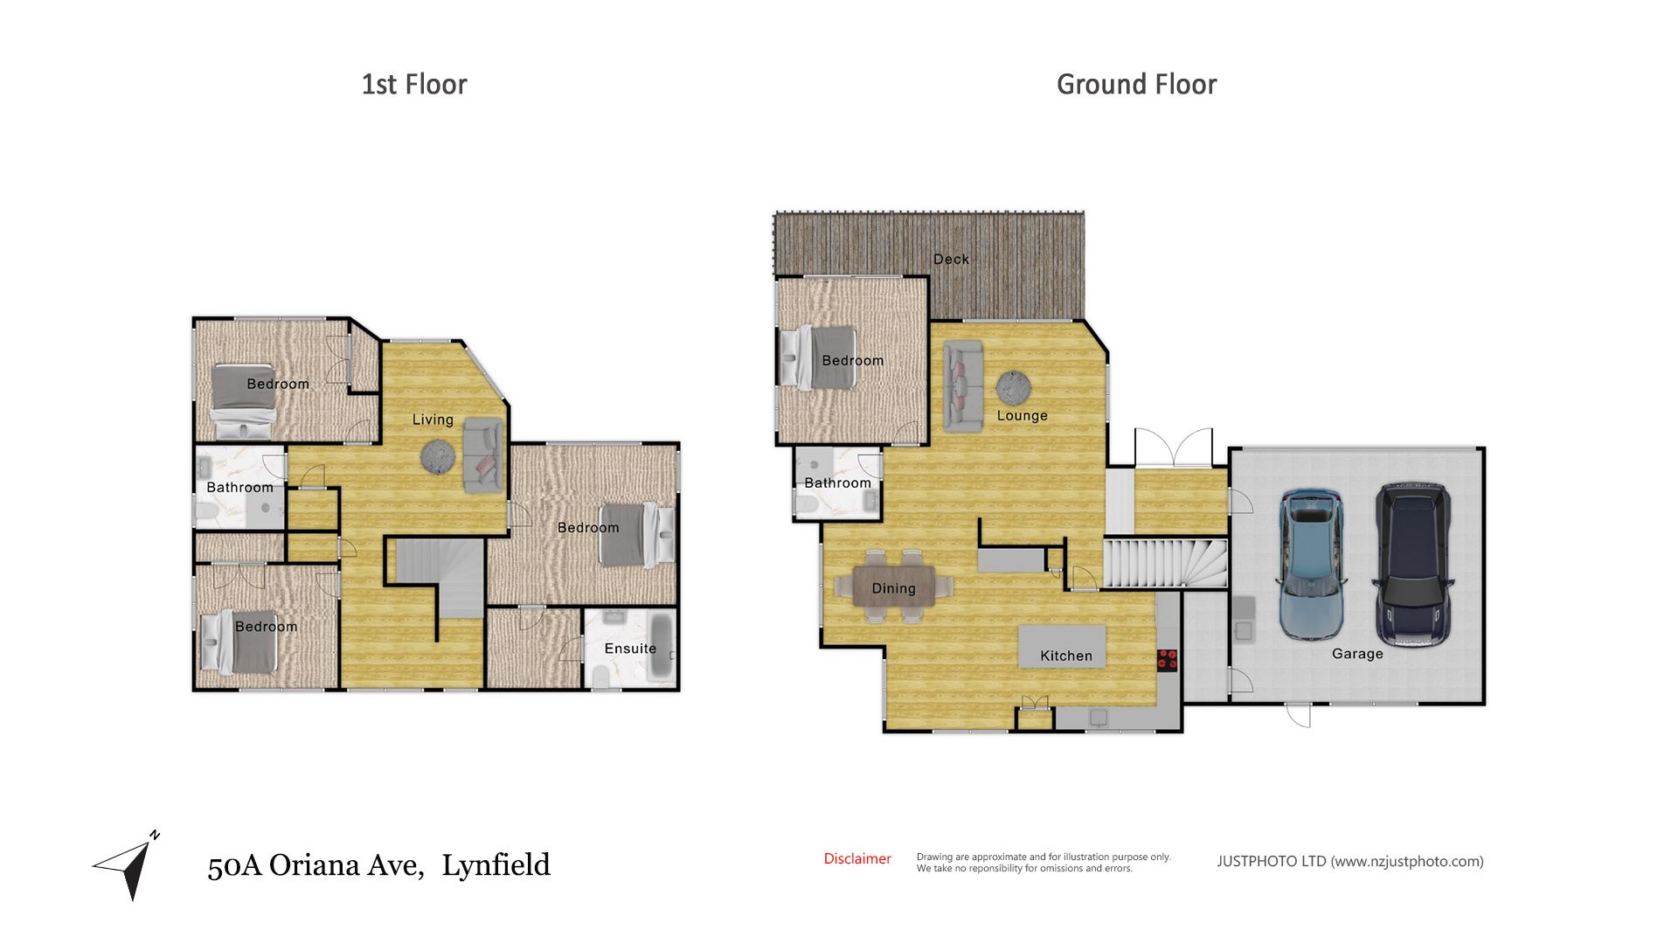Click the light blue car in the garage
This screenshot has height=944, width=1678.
click(x=1310, y=566)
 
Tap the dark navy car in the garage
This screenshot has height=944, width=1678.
click(x=1413, y=566)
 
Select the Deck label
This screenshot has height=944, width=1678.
click(x=951, y=259)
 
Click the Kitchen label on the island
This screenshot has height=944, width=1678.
click(x=1066, y=656)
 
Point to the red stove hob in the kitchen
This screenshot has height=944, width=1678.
click(x=1167, y=660)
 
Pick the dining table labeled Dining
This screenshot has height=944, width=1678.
click(x=893, y=587)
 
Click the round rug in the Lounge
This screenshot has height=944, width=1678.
click(x=1014, y=386)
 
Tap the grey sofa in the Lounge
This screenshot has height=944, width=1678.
click(x=963, y=386)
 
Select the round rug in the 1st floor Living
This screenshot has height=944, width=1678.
click(x=438, y=456)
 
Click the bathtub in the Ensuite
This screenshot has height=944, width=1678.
click(x=662, y=647)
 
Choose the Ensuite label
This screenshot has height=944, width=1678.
click(x=630, y=649)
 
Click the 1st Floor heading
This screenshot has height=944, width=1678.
click(x=414, y=85)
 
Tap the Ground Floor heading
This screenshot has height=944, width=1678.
click(x=1136, y=85)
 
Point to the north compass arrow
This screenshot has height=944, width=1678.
click(x=130, y=865)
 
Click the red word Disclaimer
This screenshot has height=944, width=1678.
click(x=857, y=859)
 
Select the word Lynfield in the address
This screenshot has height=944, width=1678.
click(x=496, y=865)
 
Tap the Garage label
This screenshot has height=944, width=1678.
click(x=1357, y=654)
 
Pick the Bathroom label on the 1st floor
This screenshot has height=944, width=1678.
click(x=239, y=488)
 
